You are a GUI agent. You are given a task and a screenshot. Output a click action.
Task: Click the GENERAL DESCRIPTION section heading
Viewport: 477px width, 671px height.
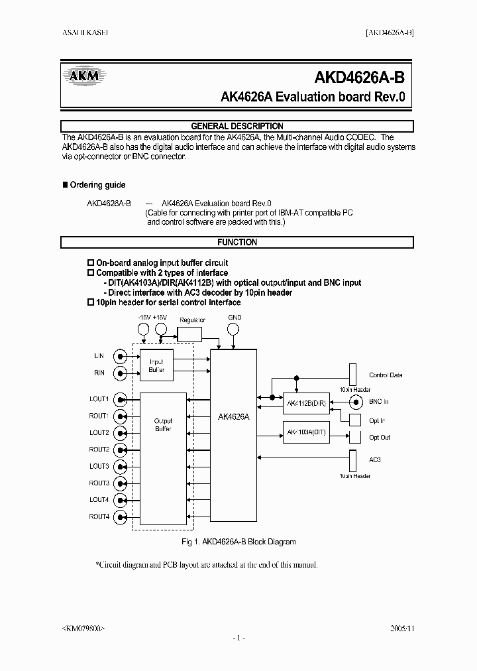[237, 126]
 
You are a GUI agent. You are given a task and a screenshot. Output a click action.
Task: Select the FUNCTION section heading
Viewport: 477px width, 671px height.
[237, 243]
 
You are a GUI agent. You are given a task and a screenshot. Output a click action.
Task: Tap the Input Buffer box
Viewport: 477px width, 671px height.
[156, 365]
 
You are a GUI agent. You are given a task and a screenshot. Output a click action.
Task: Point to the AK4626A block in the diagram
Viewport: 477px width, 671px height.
[233, 418]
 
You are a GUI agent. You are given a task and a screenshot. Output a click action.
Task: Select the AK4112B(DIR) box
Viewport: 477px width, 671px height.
[306, 402]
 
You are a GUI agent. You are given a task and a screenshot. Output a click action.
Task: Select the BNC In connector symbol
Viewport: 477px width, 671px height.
[356, 402]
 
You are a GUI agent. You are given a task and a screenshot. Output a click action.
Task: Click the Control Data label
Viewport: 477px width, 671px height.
[386, 375]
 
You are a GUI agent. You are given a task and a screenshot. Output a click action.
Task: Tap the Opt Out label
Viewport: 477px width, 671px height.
[380, 438]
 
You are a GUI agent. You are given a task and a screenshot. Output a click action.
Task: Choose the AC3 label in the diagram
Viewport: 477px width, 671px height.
[374, 459]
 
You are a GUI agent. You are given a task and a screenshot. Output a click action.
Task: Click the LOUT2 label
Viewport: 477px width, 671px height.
[99, 432]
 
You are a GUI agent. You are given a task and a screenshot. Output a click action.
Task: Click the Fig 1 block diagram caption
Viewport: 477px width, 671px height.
[238, 542]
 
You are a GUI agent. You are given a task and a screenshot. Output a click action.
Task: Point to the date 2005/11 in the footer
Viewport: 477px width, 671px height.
[402, 627]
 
